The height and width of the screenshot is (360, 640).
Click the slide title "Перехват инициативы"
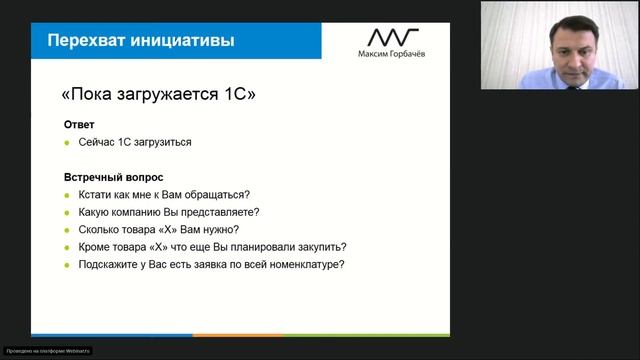click(x=142, y=41)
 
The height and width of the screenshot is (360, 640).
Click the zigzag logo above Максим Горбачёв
click(x=393, y=37)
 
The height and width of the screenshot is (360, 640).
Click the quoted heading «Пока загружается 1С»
click(x=159, y=96)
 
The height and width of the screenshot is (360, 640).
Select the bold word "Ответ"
click(x=80, y=125)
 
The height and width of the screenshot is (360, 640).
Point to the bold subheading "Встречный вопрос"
click(x=113, y=177)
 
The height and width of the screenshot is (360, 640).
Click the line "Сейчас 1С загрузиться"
click(x=134, y=142)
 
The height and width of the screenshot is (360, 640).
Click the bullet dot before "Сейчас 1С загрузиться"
click(x=67, y=142)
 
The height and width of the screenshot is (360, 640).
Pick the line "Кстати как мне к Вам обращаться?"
click(x=163, y=194)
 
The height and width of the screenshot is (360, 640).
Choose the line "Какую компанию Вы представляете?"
click(x=168, y=212)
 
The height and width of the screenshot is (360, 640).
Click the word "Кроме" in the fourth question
click(x=93, y=247)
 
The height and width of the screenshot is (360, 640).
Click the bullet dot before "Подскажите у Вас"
click(x=67, y=265)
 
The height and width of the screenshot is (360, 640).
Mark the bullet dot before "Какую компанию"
click(x=67, y=212)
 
